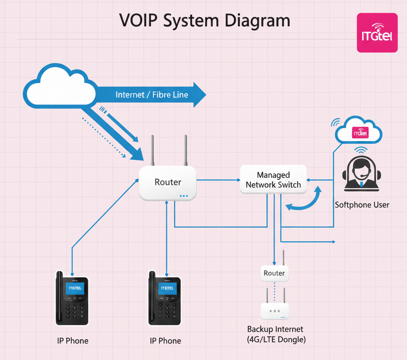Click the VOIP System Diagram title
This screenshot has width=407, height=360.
(204, 20)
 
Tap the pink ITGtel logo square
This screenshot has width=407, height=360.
(377, 33)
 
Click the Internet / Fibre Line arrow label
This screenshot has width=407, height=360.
(151, 95)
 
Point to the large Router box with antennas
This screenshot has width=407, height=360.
(167, 182)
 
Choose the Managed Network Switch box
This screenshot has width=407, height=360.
(273, 180)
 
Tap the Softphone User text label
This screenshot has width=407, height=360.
(362, 205)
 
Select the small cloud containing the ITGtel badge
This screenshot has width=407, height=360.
(359, 132)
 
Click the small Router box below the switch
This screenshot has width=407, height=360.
(274, 273)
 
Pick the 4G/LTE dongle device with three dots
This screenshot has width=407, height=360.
(275, 311)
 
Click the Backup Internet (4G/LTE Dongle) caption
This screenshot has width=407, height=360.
(275, 334)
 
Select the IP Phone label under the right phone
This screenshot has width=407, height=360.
(165, 341)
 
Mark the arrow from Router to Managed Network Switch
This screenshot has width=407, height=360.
(218, 180)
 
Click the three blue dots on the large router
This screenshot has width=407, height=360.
(183, 196)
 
